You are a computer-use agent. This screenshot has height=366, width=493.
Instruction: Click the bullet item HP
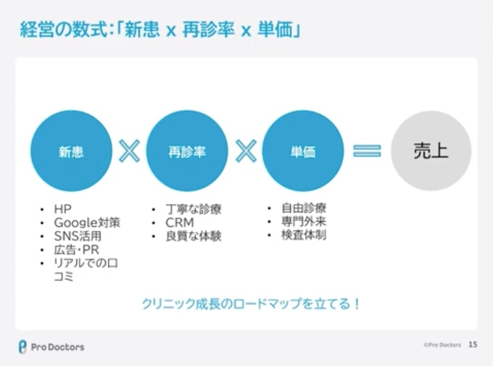63,209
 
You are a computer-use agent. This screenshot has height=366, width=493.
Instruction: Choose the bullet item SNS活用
78,236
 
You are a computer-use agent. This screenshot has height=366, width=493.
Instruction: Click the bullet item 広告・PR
75,249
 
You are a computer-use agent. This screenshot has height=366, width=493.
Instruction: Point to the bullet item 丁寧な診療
194,209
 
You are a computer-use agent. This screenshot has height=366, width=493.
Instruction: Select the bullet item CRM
180,222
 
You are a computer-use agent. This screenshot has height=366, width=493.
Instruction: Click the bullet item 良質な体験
194,236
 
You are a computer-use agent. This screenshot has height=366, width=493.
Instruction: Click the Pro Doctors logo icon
22,346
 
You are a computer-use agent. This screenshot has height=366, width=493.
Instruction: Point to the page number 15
473,345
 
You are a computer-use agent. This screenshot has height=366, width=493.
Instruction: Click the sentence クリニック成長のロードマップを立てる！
250,303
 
